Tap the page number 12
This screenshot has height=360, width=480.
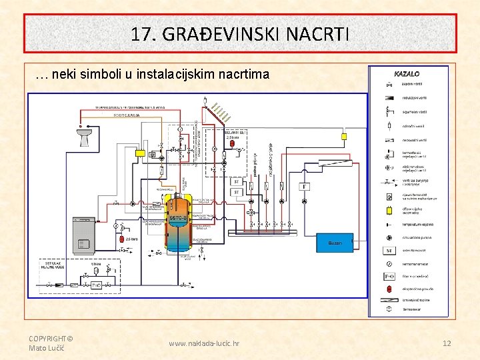click(447, 343)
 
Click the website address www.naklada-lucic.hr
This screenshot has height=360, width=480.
click(204, 343)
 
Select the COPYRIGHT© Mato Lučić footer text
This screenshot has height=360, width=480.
click(51, 343)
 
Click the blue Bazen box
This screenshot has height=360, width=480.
click(334, 243)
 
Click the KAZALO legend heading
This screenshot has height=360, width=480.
click(407, 74)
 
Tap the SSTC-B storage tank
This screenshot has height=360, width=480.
click(178, 223)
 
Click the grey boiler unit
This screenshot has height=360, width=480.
click(84, 233)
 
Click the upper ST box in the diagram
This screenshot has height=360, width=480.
click(235, 181)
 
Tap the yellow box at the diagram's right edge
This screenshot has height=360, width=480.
click(345, 136)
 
